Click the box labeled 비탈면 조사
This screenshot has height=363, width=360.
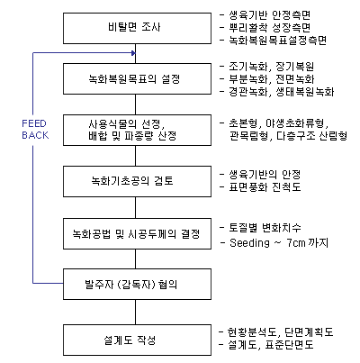[137, 28]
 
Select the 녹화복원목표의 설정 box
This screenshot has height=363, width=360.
[137, 78]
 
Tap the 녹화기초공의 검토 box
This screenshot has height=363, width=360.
[137, 181]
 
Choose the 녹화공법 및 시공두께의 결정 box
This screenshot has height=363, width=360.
[137, 233]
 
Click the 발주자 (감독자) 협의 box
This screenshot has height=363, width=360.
[137, 284]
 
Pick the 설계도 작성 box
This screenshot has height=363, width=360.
[137, 340]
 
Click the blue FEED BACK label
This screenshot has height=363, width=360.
[35, 130]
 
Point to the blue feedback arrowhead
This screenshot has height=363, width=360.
[133, 53]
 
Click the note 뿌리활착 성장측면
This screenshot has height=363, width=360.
[270, 28]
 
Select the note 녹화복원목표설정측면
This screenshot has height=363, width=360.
[278, 40]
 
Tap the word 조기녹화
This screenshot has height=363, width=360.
[248, 67]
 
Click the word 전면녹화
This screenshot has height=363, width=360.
[295, 79]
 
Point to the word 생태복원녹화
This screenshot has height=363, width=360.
[305, 92]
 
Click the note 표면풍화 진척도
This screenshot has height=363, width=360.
[265, 187]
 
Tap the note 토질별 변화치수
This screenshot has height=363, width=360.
[265, 228]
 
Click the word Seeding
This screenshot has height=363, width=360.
[249, 242]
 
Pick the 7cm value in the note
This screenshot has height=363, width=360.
[296, 242]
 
